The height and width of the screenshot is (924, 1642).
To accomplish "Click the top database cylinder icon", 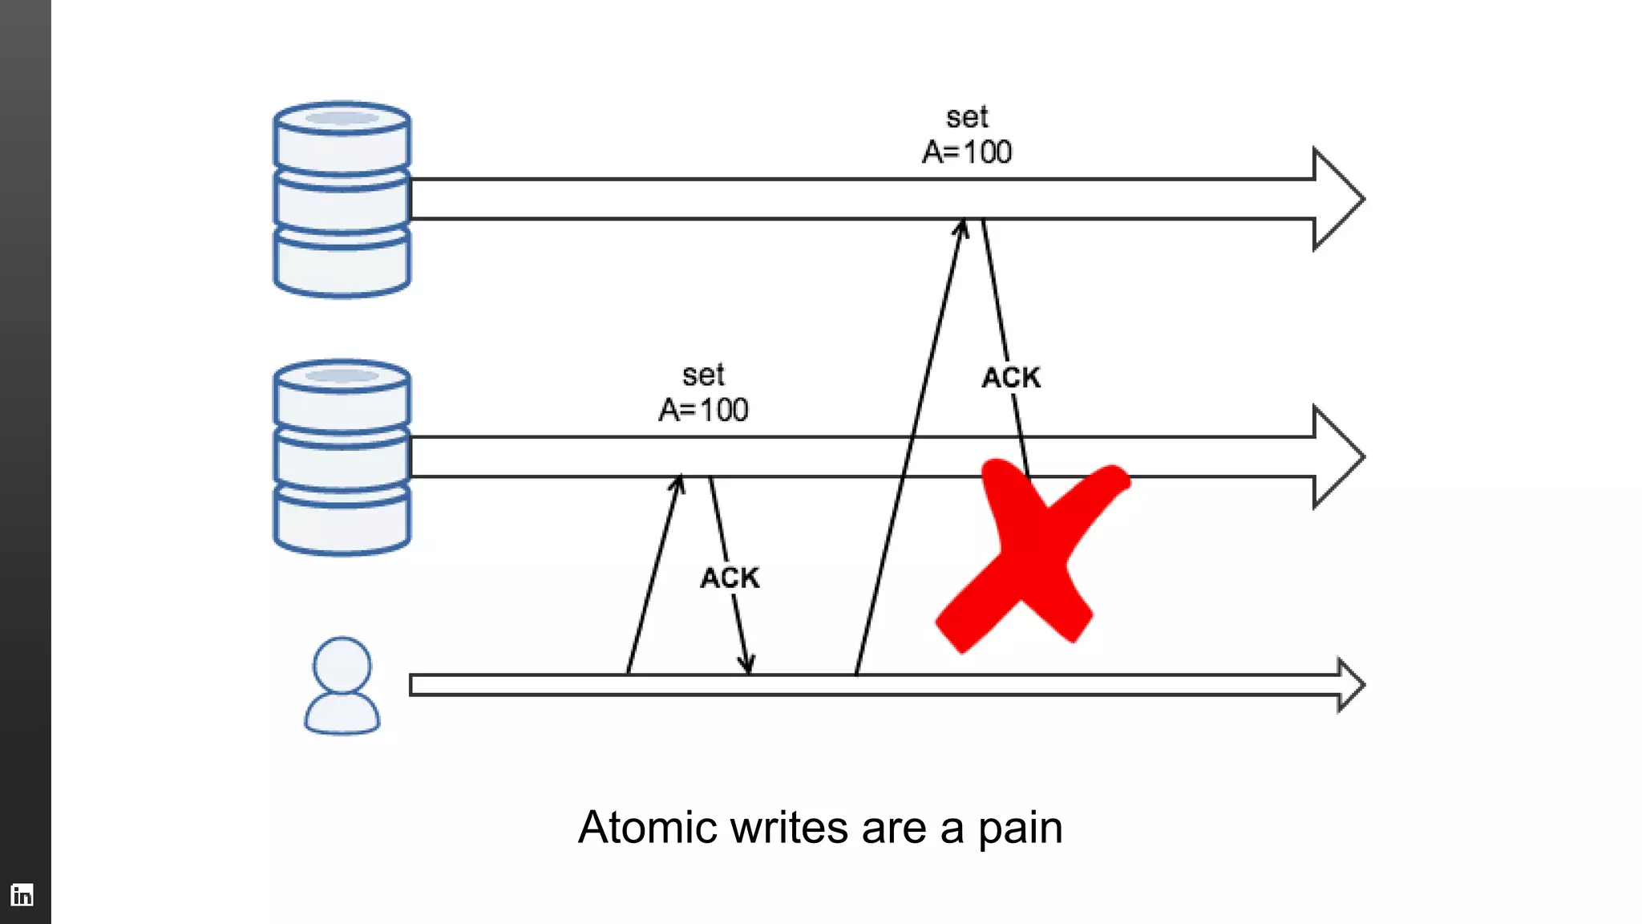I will coord(342,200).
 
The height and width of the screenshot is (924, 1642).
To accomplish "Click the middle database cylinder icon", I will coord(342,457).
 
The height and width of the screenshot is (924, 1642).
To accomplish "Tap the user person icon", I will coord(342,687).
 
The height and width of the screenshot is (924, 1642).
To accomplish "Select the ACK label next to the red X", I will coord(1011,378).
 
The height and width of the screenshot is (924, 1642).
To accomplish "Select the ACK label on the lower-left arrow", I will coord(730,577).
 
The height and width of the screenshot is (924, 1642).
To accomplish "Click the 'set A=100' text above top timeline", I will coord(967,135).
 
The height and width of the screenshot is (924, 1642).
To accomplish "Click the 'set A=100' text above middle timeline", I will coord(703,393).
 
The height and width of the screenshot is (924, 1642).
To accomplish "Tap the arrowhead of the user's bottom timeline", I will coord(1351,685).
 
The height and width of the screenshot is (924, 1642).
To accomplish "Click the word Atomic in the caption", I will coord(646,828).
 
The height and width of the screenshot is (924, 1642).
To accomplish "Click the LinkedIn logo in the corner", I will coord(22,894).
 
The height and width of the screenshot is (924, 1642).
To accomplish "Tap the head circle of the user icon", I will coord(342,665).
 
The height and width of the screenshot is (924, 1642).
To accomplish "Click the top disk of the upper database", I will coord(342,120).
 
